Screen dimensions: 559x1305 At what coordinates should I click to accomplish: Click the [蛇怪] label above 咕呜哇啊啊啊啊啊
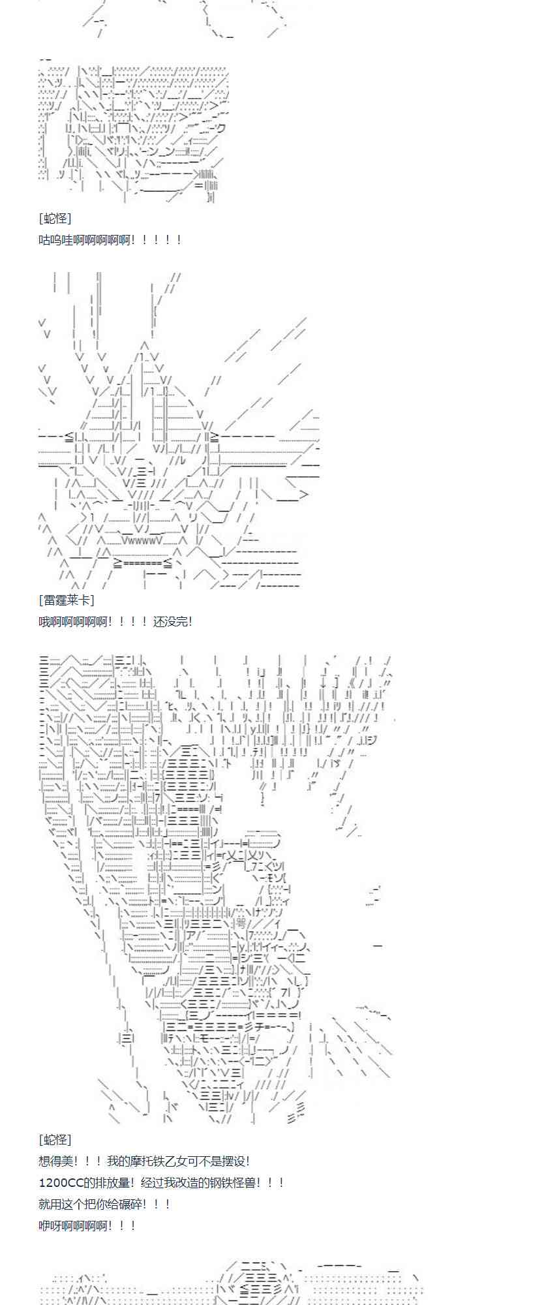[55, 219]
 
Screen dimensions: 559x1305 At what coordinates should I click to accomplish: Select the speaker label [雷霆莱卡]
[67, 600]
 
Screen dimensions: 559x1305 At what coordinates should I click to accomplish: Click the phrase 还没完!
[173, 621]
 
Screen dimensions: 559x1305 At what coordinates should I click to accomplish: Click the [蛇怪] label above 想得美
[55, 1140]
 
